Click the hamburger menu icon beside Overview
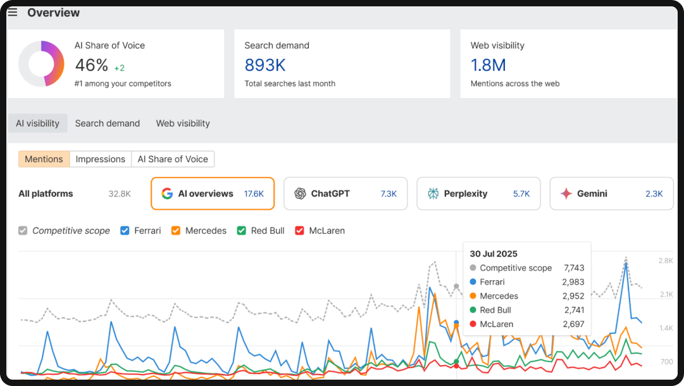[13, 13]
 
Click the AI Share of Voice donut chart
[41, 63]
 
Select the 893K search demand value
[265, 65]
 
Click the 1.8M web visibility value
[488, 65]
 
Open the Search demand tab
[108, 124]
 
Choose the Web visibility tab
[183, 124]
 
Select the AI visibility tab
[38, 124]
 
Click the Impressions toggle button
[100, 159]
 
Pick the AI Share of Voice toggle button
[173, 159]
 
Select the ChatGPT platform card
[345, 193]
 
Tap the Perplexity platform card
[478, 193]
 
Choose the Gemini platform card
[611, 193]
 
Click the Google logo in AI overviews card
[167, 194]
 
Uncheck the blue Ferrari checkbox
[125, 231]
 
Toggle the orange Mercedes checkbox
[176, 231]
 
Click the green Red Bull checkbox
[241, 231]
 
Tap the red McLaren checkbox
[300, 231]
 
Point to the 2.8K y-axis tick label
[665, 261]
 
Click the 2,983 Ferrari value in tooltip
[573, 282]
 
